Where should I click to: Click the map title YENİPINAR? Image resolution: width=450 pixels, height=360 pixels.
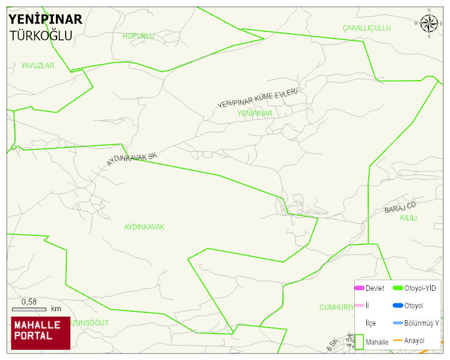coord(45,19)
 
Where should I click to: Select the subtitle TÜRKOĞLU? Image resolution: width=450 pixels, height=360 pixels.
coord(41,36)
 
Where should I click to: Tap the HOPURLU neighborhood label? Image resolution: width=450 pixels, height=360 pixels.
coord(138,36)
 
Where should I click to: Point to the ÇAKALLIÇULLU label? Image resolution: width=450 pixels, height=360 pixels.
coord(366,28)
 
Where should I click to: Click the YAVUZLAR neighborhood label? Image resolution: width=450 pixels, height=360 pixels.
coord(37,65)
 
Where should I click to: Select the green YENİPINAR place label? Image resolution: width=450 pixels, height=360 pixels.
coord(254,113)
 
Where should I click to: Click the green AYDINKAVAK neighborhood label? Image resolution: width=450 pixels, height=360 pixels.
coord(144,227)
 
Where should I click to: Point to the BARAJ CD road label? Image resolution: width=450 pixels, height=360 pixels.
coord(400,208)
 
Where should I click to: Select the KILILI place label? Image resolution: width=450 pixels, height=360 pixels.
coord(408,218)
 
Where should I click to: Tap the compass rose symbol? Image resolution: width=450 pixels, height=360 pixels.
coord(429,23)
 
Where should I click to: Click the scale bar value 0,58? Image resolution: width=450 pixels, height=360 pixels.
coord(29,302)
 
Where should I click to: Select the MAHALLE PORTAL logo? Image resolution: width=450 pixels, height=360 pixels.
coord(40,333)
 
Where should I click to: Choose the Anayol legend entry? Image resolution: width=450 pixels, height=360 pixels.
coord(414,341)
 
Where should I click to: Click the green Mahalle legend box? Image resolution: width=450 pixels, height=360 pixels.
coord(359,341)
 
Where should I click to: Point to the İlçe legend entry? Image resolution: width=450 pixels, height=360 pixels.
coord(371,323)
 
